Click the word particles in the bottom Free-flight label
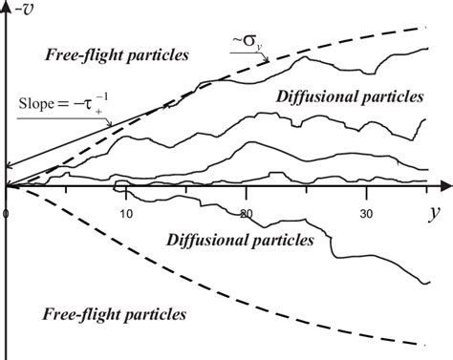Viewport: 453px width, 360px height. coord(150,313)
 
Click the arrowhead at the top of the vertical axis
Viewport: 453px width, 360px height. coord(7,6)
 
